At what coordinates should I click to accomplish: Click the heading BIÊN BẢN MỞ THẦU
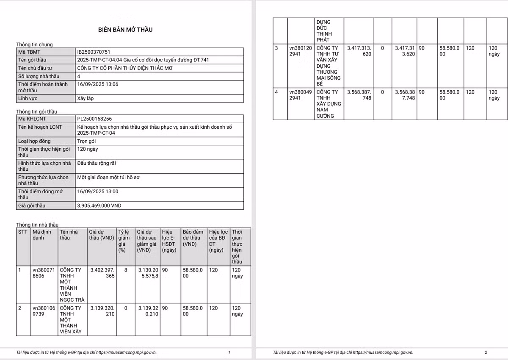click(125, 30)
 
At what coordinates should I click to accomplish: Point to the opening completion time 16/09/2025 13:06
click(98, 84)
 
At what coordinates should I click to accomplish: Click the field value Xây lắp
click(86, 98)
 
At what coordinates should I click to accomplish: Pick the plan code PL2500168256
click(95, 119)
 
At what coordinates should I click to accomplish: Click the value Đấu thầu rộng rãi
click(97, 163)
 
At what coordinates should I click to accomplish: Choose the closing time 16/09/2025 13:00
click(98, 191)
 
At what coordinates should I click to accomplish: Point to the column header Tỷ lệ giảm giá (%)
click(123, 241)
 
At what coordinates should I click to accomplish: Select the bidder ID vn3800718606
click(44, 273)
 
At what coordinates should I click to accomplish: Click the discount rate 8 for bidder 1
click(125, 270)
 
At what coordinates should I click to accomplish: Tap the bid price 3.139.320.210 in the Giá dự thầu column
click(102, 311)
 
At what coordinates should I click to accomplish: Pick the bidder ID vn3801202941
click(301, 51)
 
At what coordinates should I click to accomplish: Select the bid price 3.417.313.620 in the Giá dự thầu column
click(359, 51)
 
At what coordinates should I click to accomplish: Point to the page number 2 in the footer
click(486, 352)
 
